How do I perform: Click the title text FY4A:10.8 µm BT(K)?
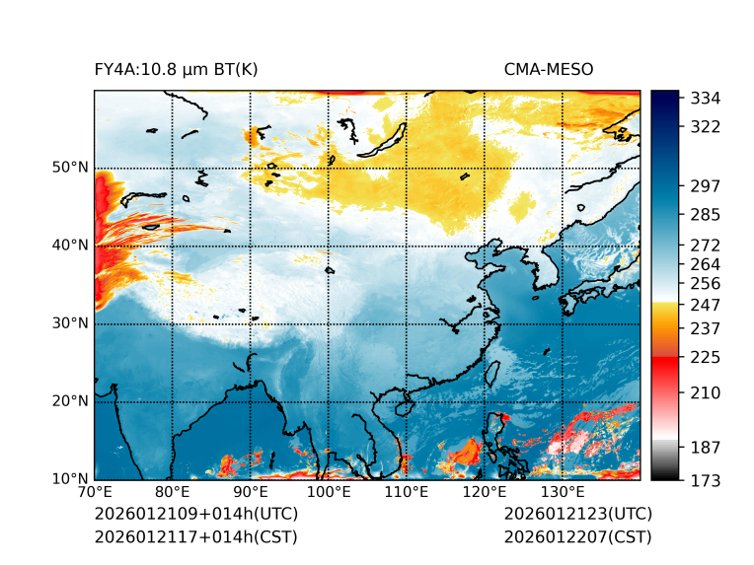click(x=176, y=70)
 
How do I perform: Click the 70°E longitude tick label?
click(x=95, y=492)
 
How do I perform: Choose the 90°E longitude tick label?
click(x=250, y=492)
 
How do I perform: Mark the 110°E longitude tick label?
click(x=406, y=492)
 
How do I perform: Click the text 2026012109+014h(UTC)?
click(x=195, y=515)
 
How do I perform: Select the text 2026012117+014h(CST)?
click(x=195, y=537)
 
